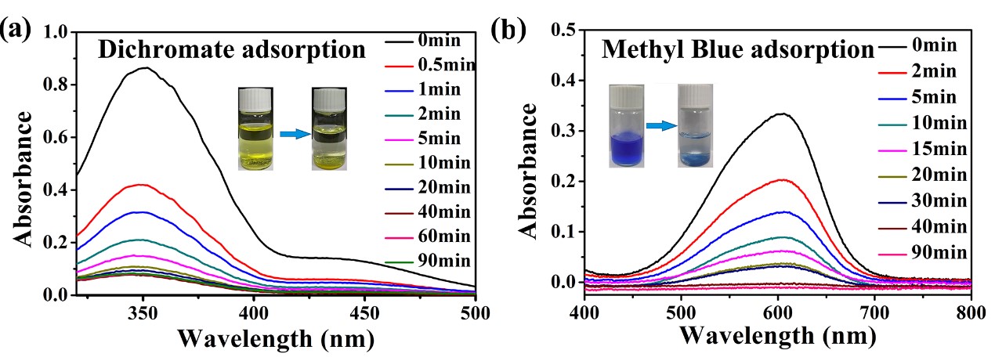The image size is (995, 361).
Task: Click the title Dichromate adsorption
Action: coord(232,50)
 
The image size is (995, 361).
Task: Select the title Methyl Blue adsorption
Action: coord(737,50)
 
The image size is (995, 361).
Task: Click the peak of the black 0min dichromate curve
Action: coord(144,68)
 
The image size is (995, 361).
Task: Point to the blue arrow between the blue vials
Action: coord(660,124)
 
